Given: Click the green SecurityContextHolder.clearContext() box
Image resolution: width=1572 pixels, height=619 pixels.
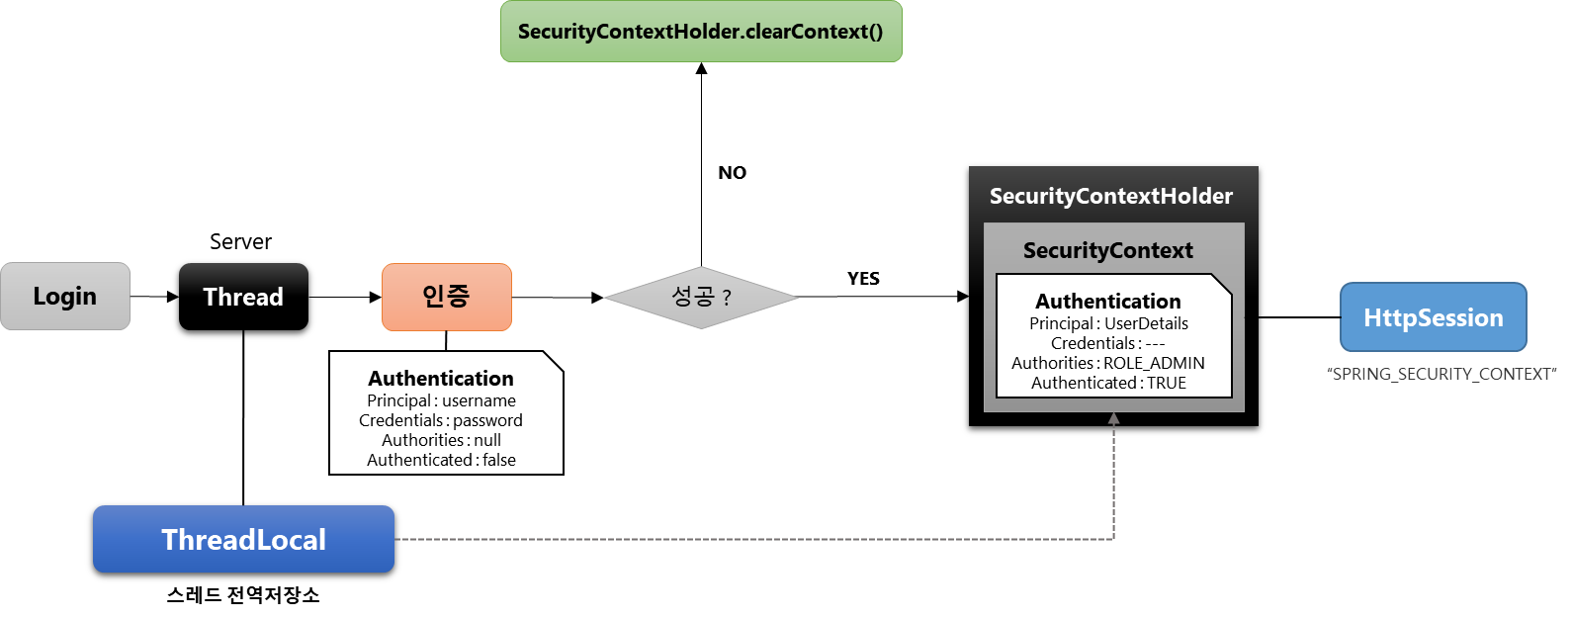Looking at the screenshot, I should point(701,32).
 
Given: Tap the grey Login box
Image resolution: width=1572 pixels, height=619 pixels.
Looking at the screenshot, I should point(65,297).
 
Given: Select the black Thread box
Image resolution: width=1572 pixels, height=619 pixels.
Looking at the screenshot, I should point(243,297).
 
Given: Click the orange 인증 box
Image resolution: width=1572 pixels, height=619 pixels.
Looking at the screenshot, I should point(447,297).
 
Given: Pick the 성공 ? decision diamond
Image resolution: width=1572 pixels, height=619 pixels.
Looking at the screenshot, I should point(701,297).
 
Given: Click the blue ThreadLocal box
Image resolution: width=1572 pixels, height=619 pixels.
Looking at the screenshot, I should point(243,539).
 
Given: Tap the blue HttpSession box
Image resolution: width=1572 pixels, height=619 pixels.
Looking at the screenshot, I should point(1433,317).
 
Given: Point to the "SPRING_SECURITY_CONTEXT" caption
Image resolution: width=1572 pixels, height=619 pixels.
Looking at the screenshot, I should point(1441,374).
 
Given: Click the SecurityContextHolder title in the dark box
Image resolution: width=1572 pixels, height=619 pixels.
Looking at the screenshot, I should point(1111,196).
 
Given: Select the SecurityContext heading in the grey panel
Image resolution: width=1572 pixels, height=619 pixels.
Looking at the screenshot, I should point(1108,250).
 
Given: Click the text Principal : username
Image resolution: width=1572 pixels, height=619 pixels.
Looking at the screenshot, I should point(441,400).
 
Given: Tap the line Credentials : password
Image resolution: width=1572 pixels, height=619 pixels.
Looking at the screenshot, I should point(441,420).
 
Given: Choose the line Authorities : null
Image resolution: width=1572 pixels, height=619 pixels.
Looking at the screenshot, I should point(441,440).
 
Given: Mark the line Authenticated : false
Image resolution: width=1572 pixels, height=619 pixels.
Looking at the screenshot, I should point(441,460).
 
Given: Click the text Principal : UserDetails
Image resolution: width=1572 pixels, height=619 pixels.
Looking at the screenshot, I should point(1108,323).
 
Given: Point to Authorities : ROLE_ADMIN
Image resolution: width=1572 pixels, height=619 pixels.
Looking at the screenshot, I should point(1108,363).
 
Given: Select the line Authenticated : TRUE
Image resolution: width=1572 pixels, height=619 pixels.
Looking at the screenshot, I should point(1108,383).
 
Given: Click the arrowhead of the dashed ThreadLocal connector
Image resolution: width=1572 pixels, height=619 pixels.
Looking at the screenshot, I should point(1113,419).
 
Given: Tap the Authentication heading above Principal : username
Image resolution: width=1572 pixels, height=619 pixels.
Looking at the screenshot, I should point(441,379).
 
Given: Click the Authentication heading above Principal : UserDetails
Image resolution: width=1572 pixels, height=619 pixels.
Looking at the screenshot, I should point(1108,302).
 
